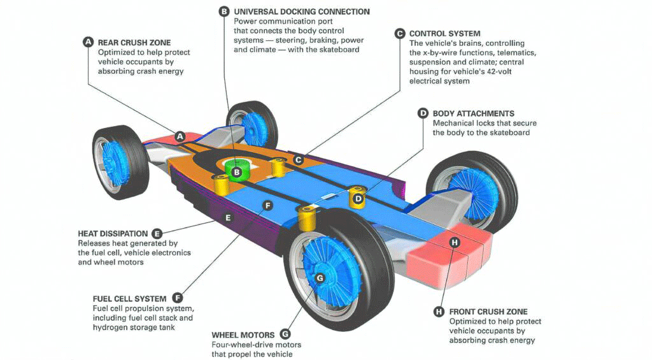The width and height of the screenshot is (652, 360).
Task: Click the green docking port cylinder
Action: click(x=237, y=169)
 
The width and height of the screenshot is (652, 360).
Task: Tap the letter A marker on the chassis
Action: click(x=180, y=136)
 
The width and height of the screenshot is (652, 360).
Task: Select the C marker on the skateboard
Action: click(x=298, y=160)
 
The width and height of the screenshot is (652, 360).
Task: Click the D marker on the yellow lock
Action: click(x=358, y=199)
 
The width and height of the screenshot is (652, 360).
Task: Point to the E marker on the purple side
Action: click(x=228, y=218)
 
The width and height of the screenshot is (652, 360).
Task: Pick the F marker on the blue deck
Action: click(x=268, y=205)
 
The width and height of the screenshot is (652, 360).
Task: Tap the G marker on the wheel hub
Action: click(x=320, y=278)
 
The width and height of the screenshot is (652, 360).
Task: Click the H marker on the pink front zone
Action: click(x=455, y=242)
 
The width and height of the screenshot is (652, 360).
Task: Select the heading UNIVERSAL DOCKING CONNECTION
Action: click(x=301, y=11)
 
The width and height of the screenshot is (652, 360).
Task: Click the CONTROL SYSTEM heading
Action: click(x=444, y=34)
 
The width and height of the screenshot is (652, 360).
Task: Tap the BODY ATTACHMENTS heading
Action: click(x=473, y=113)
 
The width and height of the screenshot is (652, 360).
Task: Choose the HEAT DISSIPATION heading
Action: click(x=113, y=233)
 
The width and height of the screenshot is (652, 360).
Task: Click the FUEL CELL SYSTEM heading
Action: click(x=129, y=299)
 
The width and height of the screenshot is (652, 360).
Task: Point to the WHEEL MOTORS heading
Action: click(x=243, y=335)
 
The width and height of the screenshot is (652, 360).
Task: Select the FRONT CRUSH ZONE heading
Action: click(x=488, y=312)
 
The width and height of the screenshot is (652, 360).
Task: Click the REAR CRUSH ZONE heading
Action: click(x=134, y=43)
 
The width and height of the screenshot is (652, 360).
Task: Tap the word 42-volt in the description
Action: click(x=498, y=71)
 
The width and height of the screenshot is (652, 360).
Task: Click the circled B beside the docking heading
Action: click(x=224, y=11)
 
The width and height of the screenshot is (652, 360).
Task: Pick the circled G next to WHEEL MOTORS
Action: click(x=285, y=335)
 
